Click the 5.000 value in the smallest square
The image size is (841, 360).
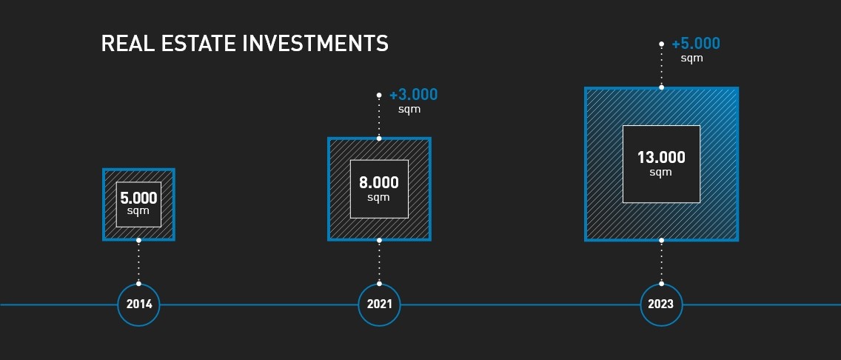coord(138,199)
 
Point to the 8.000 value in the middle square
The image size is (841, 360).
coord(379,183)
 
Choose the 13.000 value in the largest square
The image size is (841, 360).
coord(661,158)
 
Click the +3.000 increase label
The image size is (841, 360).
coord(413,95)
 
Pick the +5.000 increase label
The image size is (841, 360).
coord(696,44)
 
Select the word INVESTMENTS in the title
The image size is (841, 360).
coord(315,44)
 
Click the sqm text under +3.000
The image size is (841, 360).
coord(409,110)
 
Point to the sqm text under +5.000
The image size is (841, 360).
coord(692,58)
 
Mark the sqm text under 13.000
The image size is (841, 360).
coord(661,172)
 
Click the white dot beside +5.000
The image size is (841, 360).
coord(661,44)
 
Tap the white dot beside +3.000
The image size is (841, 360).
coord(379,95)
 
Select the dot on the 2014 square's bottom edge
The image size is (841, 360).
coord(139,240)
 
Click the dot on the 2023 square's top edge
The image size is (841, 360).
coord(661,87)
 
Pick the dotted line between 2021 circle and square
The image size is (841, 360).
coord(379,261)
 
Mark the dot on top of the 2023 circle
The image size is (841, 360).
coord(661,283)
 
